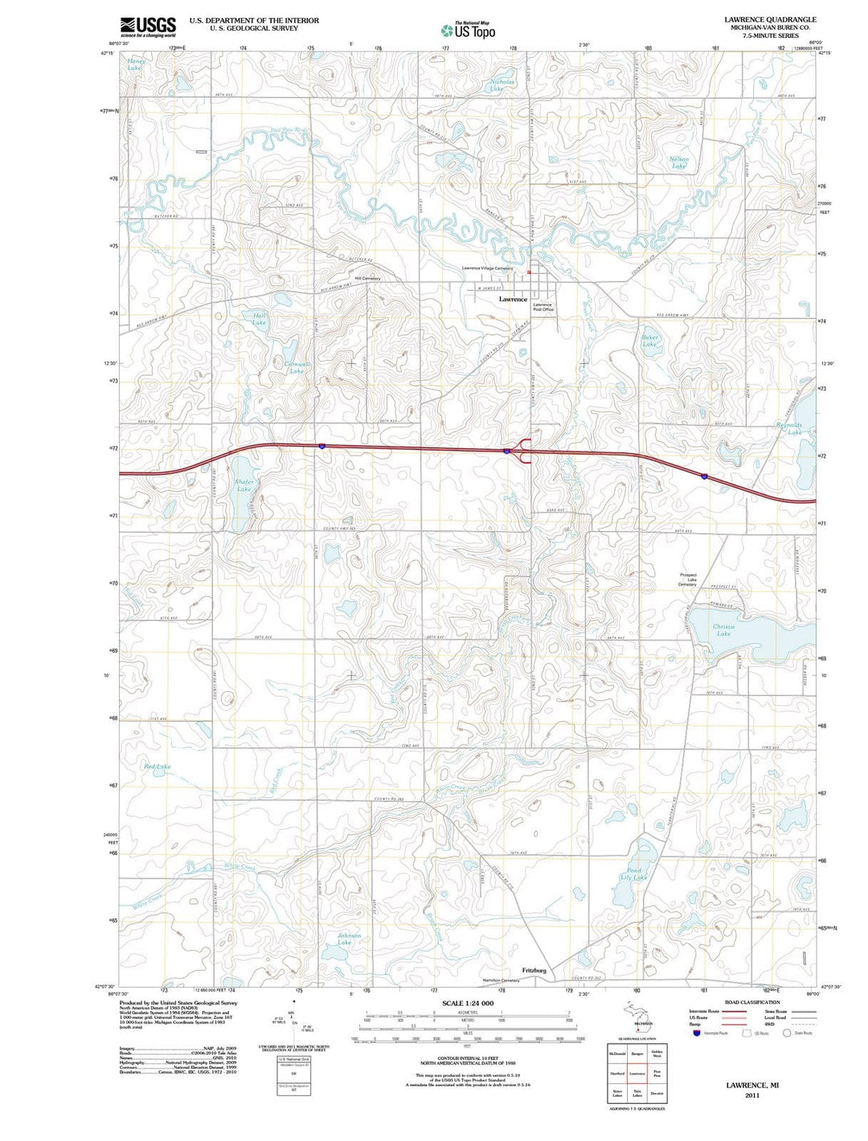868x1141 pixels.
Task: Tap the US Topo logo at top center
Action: pos(468,31)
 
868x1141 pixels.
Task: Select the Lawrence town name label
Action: pos(513,299)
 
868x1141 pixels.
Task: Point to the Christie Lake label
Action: pos(723,630)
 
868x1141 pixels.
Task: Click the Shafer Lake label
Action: pos(244,485)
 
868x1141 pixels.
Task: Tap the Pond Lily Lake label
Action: pos(636,874)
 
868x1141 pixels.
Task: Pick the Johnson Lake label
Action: pos(348,939)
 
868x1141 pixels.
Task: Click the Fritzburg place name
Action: pos(534,971)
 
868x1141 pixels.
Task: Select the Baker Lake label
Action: pos(649,341)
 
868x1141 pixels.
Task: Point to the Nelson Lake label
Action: pos(678,163)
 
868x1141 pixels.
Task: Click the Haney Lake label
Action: pos(136,65)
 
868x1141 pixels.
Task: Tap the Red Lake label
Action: pos(157,767)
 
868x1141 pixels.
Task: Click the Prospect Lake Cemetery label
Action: pos(687,579)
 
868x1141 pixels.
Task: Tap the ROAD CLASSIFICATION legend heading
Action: pos(752,1002)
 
